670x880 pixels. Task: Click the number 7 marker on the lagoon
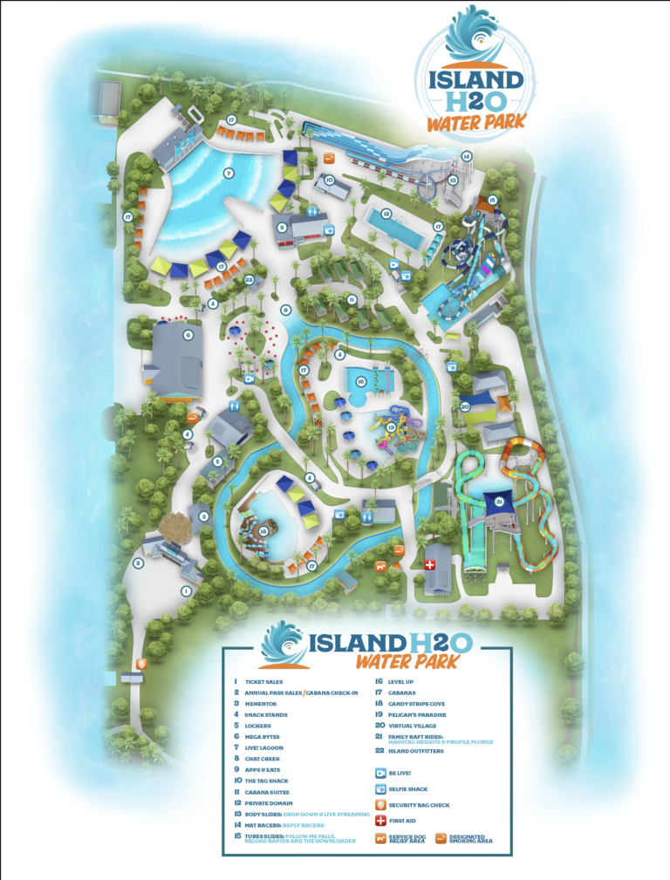[x=229, y=174]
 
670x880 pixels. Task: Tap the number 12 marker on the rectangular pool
[x=385, y=214]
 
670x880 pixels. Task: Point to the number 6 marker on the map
[x=188, y=334]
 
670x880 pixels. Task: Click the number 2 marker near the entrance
[x=138, y=563]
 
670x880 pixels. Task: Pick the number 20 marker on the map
[x=465, y=406]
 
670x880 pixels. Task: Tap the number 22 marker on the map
[x=250, y=279]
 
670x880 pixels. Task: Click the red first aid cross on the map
[x=429, y=565]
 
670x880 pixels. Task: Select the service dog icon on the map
[x=380, y=566]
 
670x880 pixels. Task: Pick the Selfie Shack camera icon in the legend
[x=380, y=788]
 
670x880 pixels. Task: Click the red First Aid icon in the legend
[x=380, y=821]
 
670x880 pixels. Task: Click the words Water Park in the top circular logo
[x=476, y=121]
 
